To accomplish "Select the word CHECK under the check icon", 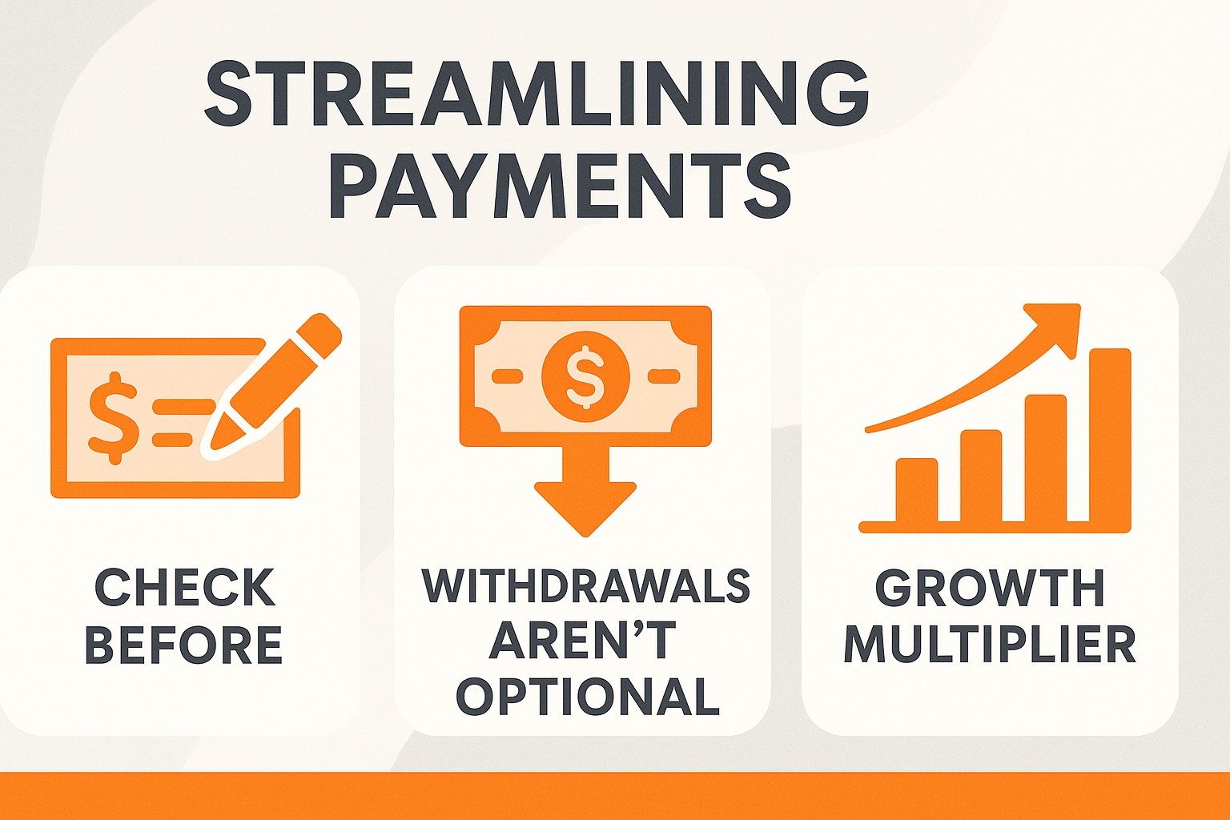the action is pyautogui.click(x=184, y=588).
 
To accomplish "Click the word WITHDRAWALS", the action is pyautogui.click(x=585, y=586).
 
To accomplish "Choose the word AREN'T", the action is pyautogui.click(x=582, y=640).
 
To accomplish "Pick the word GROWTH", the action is pyautogui.click(x=989, y=588).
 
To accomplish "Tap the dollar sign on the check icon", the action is pyautogui.click(x=113, y=418).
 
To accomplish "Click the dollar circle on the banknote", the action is pyautogui.click(x=585, y=376).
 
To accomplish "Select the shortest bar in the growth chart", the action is pyautogui.click(x=916, y=490).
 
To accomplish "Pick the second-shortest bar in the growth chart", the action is pyautogui.click(x=981, y=476).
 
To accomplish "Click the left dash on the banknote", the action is pyautogui.click(x=507, y=376).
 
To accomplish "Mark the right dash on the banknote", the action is pyautogui.click(x=665, y=376).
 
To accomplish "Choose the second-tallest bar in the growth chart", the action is pyautogui.click(x=1046, y=458).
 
